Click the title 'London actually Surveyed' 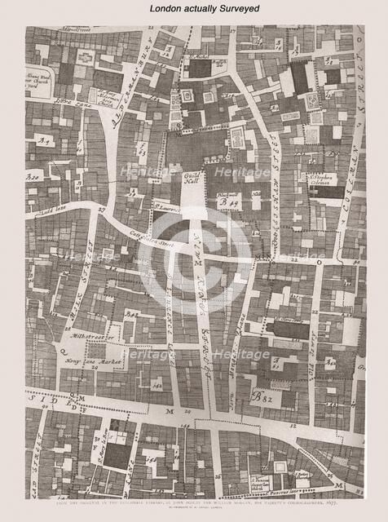tap(194, 8)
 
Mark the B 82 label tap(260, 398)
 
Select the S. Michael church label tap(197, 57)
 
